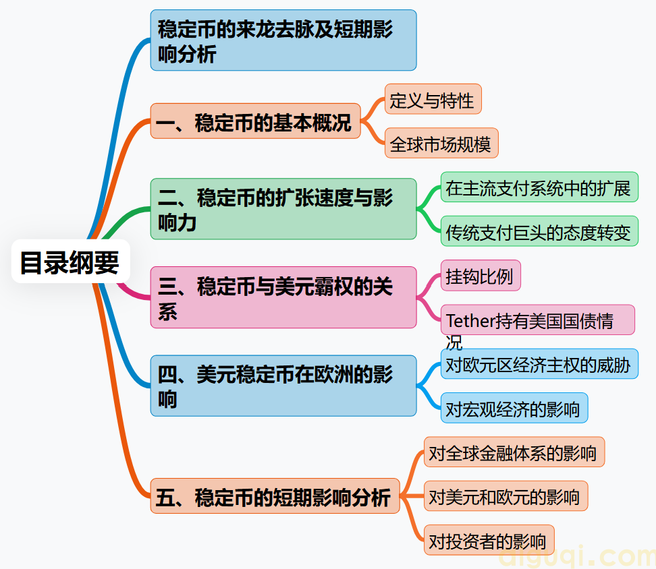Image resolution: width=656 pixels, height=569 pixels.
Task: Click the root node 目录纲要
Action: point(70,262)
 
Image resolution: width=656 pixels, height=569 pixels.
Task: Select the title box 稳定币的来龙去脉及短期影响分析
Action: point(283,40)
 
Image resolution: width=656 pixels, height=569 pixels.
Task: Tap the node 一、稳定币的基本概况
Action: point(255,121)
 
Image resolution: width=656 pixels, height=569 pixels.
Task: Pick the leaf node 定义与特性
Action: point(433,100)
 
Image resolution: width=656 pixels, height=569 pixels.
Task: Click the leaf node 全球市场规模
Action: point(441,144)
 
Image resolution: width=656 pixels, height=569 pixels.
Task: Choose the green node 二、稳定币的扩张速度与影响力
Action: point(283,209)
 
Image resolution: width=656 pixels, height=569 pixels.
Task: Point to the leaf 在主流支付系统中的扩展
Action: point(539,187)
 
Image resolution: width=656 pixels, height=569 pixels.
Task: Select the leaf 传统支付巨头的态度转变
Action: point(539,232)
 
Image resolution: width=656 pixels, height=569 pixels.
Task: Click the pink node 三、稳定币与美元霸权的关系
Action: point(283,297)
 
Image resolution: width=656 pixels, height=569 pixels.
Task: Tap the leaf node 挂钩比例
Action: point(480,276)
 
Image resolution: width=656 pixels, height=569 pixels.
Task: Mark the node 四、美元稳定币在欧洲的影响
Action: point(283,386)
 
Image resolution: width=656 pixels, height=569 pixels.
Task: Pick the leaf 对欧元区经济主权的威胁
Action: point(539,365)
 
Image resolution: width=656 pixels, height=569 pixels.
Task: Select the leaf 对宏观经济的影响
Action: point(514,409)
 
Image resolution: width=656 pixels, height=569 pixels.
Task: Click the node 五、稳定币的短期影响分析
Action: point(275,498)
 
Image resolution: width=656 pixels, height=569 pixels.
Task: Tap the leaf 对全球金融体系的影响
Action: point(514,452)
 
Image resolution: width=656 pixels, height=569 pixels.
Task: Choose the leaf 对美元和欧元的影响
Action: point(505,497)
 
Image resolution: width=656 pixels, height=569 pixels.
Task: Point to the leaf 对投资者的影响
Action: point(489,541)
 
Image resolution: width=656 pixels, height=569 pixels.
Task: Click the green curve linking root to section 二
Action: point(124,216)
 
